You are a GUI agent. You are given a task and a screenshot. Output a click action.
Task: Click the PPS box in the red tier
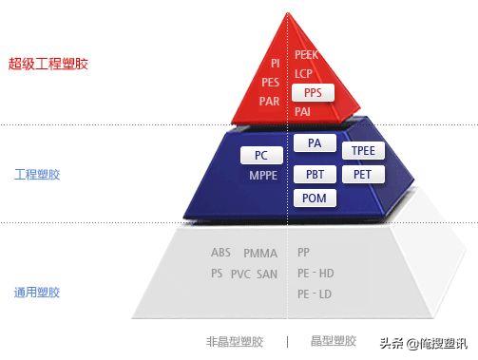coord(313,93)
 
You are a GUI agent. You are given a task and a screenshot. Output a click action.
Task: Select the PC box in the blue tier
coord(261,155)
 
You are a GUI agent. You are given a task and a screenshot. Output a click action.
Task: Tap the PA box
coord(315,143)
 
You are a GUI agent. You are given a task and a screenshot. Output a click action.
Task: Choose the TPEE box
coord(363,151)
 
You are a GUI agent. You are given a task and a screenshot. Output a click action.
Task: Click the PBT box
coord(315,175)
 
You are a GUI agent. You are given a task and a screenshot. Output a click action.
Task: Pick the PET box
coord(363,175)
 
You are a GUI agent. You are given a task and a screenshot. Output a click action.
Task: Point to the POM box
coord(315,198)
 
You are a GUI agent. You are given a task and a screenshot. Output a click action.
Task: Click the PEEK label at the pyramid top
coord(306,55)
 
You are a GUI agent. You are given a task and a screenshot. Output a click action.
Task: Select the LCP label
coord(304,73)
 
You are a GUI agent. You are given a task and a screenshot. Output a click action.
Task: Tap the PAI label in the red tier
coord(303,112)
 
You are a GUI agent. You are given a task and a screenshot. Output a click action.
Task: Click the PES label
coord(270,82)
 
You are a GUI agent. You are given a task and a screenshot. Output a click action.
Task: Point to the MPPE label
coord(263,176)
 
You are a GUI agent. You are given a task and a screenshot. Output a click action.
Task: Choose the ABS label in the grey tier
coord(220,253)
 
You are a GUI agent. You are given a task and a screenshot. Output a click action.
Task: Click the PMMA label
coord(260,253)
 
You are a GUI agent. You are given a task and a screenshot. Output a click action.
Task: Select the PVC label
coord(240,274)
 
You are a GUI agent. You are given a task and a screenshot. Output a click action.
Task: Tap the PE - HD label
coord(315,274)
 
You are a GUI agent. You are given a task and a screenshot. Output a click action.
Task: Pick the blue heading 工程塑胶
coord(37,176)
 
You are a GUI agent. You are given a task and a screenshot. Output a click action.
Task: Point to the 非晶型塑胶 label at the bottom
coord(234,341)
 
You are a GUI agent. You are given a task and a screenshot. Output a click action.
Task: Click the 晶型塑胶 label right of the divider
coord(334,341)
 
